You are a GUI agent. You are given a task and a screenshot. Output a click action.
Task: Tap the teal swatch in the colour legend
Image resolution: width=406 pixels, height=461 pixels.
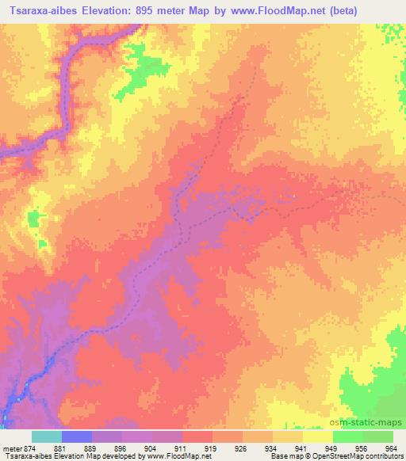(47, 436)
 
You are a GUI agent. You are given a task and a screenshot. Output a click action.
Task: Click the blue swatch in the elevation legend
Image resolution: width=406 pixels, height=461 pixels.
(77, 436)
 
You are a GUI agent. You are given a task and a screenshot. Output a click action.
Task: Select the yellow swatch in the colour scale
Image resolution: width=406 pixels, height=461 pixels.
(317, 436)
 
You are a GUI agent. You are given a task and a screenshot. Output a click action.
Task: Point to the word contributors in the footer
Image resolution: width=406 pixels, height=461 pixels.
(385, 456)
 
